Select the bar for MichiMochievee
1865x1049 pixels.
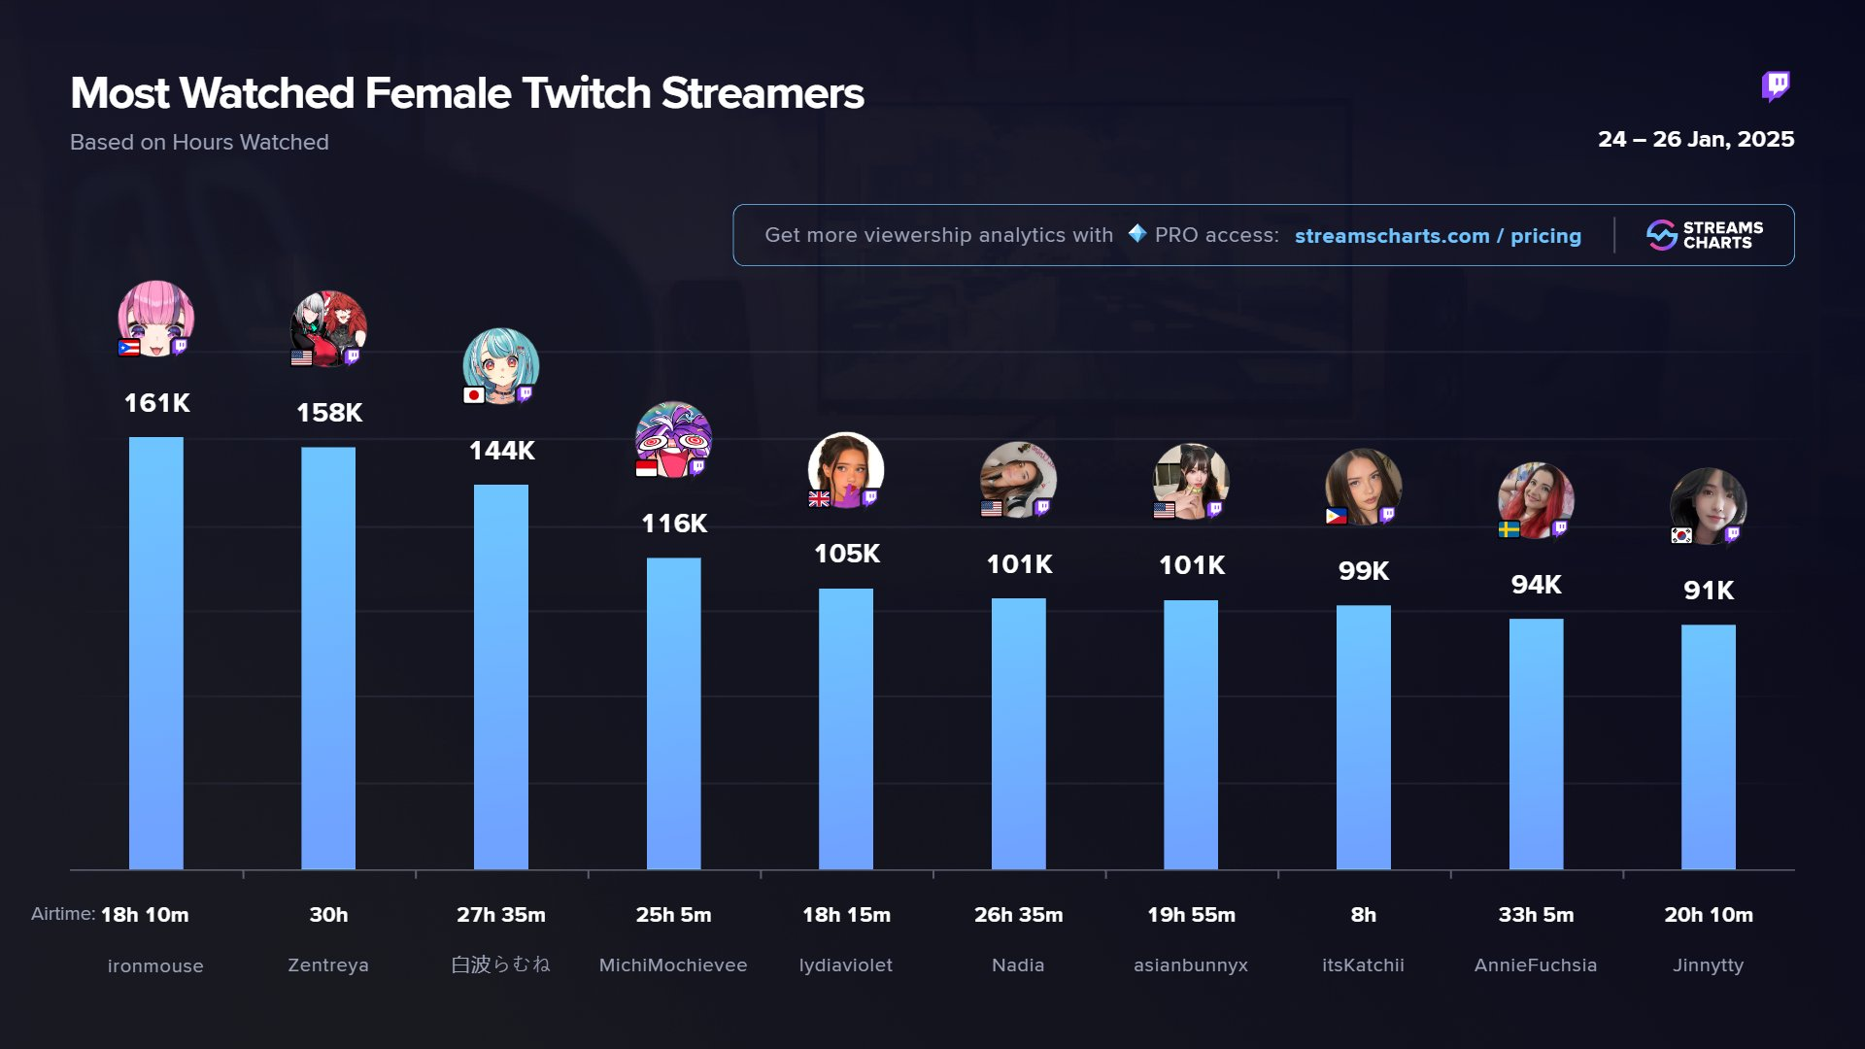[673, 713]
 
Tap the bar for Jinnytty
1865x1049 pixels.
[1708, 747]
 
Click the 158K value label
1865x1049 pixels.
[329, 413]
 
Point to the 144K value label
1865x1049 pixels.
[501, 451]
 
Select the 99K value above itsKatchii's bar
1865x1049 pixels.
[1363, 571]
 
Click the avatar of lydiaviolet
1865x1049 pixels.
[845, 470]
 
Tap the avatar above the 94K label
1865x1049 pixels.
[1535, 500]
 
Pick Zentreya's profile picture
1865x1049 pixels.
[328, 328]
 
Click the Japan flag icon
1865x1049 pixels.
[474, 395]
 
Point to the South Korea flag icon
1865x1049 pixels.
[1681, 535]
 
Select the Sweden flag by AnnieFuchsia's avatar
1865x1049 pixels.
[1509, 529]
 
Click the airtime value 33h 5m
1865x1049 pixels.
[1535, 915]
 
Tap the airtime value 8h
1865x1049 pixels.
[1363, 915]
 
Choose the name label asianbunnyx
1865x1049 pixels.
[1190, 965]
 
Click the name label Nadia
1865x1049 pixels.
[1018, 965]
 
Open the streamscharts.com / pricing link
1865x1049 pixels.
[1437, 236]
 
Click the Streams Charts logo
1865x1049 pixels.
[1704, 235]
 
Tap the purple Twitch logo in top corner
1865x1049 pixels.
[1776, 86]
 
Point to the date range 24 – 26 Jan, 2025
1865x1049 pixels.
[1695, 140]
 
